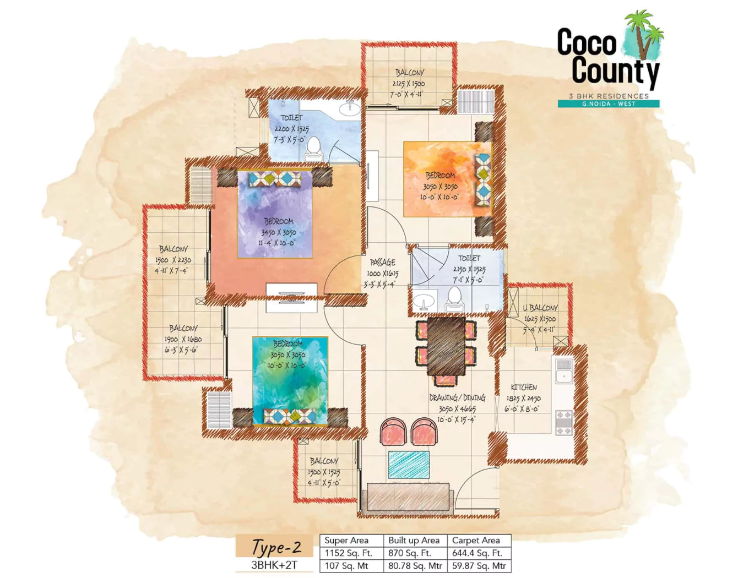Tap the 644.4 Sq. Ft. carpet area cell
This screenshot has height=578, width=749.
click(478, 553)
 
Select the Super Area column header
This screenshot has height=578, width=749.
click(346, 541)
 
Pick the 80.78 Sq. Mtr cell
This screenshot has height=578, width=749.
click(415, 566)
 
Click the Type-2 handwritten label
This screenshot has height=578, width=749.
click(276, 547)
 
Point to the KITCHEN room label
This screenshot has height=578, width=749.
click(523, 387)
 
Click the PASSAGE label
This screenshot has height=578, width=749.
click(382, 263)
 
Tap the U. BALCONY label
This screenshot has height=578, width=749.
click(540, 308)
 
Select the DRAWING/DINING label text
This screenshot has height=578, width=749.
click(457, 397)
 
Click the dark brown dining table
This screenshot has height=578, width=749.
click(446, 346)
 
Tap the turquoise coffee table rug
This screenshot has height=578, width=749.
click(409, 465)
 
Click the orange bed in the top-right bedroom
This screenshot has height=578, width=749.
click(441, 179)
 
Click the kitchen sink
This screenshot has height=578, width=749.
click(563, 377)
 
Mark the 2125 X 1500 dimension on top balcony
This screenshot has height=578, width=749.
click(408, 84)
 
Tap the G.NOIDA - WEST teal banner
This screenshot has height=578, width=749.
click(608, 103)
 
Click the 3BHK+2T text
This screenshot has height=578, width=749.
click(274, 565)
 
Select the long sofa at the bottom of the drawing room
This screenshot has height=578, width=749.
click(408, 498)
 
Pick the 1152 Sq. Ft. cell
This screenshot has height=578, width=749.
click(348, 553)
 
